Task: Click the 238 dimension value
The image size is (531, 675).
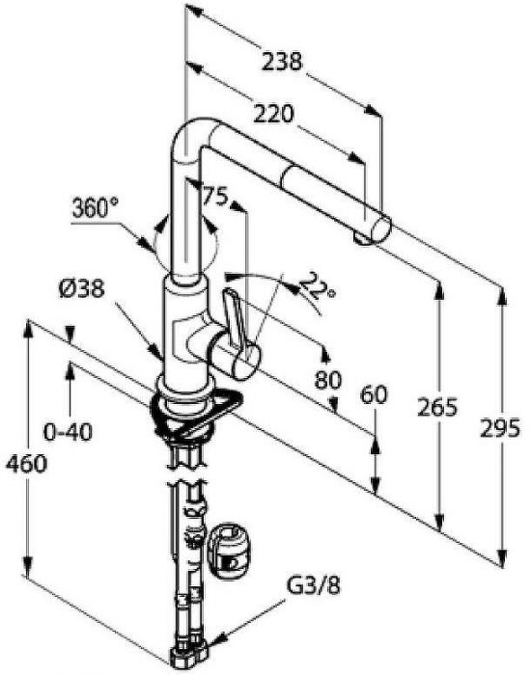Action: pyautogui.click(x=282, y=61)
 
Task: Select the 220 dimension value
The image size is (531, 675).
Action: pyautogui.click(x=273, y=114)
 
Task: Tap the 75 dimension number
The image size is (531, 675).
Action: pyautogui.click(x=214, y=197)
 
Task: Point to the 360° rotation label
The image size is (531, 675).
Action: pyautogui.click(x=95, y=208)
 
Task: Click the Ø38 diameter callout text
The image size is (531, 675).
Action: pyautogui.click(x=81, y=288)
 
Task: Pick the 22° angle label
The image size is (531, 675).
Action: pyautogui.click(x=317, y=287)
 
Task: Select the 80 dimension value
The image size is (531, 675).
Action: pyautogui.click(x=328, y=380)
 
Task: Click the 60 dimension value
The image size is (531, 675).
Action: pyautogui.click(x=374, y=394)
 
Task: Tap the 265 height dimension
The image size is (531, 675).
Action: pyautogui.click(x=437, y=407)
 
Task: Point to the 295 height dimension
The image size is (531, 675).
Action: pyautogui.click(x=500, y=428)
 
